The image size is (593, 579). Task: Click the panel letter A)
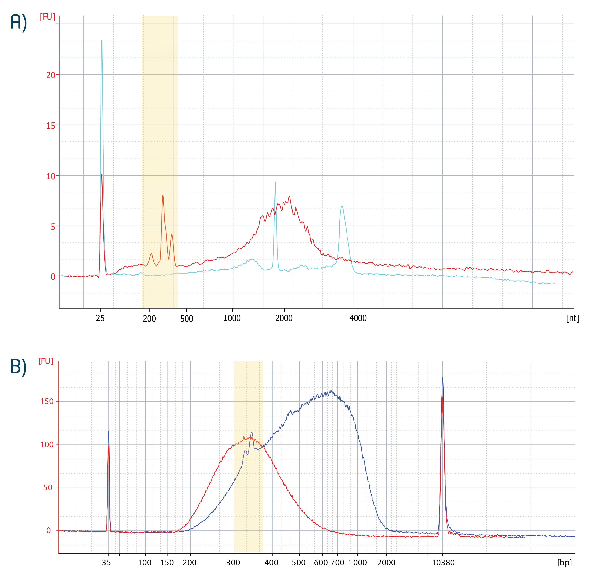click(x=18, y=23)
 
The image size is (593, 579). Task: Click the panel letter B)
click(x=18, y=367)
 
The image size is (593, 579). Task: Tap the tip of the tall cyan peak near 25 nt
click(x=102, y=41)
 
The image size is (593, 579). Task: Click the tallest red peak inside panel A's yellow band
click(x=163, y=195)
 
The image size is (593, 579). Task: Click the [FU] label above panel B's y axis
click(x=46, y=361)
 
